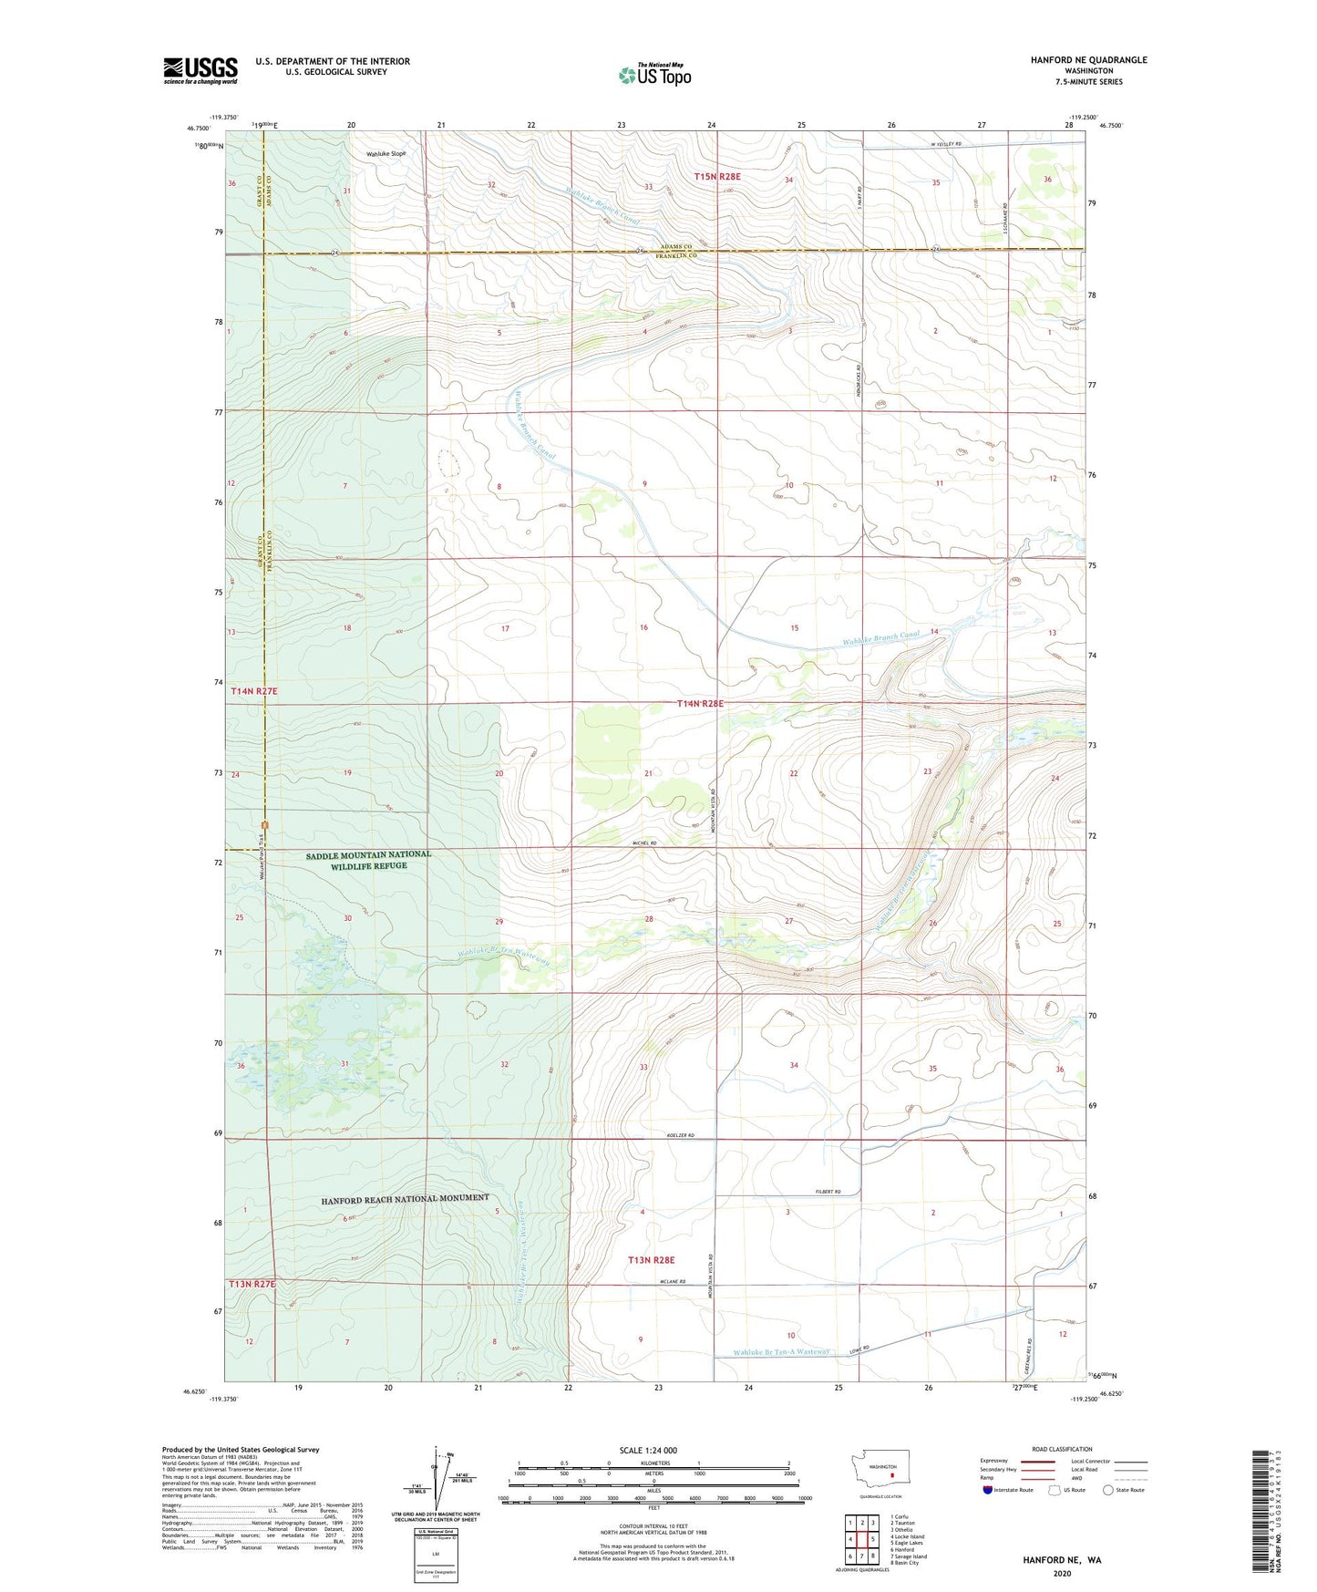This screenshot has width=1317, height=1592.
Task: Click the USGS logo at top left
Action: pos(200,70)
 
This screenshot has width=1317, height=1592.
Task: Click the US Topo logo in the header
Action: pos(653,75)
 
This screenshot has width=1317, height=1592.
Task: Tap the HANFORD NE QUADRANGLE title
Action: pos(1075,60)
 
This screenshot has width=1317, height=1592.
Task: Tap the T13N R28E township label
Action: pos(651,1260)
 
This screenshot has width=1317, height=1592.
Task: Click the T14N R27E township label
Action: pos(253,692)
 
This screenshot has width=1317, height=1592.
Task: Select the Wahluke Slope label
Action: pos(386,154)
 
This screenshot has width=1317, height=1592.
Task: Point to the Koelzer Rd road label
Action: pos(680,1135)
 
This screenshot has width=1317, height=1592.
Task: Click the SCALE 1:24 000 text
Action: pos(648,1451)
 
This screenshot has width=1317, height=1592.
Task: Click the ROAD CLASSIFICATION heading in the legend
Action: pos(1062,1449)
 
